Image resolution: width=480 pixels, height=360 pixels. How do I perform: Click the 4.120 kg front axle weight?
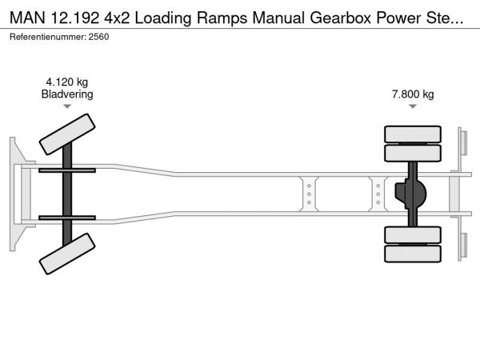click(x=67, y=82)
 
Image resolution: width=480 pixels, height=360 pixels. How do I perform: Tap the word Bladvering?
click(x=67, y=94)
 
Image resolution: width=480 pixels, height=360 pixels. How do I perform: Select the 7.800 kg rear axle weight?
click(x=413, y=94)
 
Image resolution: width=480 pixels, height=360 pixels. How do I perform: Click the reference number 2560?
click(x=98, y=38)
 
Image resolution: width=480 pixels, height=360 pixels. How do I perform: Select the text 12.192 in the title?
click(x=73, y=18)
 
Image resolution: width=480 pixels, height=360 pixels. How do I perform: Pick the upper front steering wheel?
click(x=68, y=134)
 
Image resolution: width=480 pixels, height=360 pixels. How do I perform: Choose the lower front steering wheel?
click(x=68, y=256)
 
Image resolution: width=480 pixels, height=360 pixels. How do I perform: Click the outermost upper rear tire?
click(x=413, y=134)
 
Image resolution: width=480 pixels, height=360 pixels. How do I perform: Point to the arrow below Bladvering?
click(x=67, y=106)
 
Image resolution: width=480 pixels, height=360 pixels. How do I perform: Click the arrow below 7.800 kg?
click(x=413, y=106)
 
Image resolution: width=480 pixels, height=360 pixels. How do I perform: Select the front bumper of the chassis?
click(x=15, y=194)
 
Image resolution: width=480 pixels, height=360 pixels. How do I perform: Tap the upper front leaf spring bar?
click(x=67, y=170)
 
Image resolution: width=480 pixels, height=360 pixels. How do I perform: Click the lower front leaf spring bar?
click(x=67, y=217)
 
